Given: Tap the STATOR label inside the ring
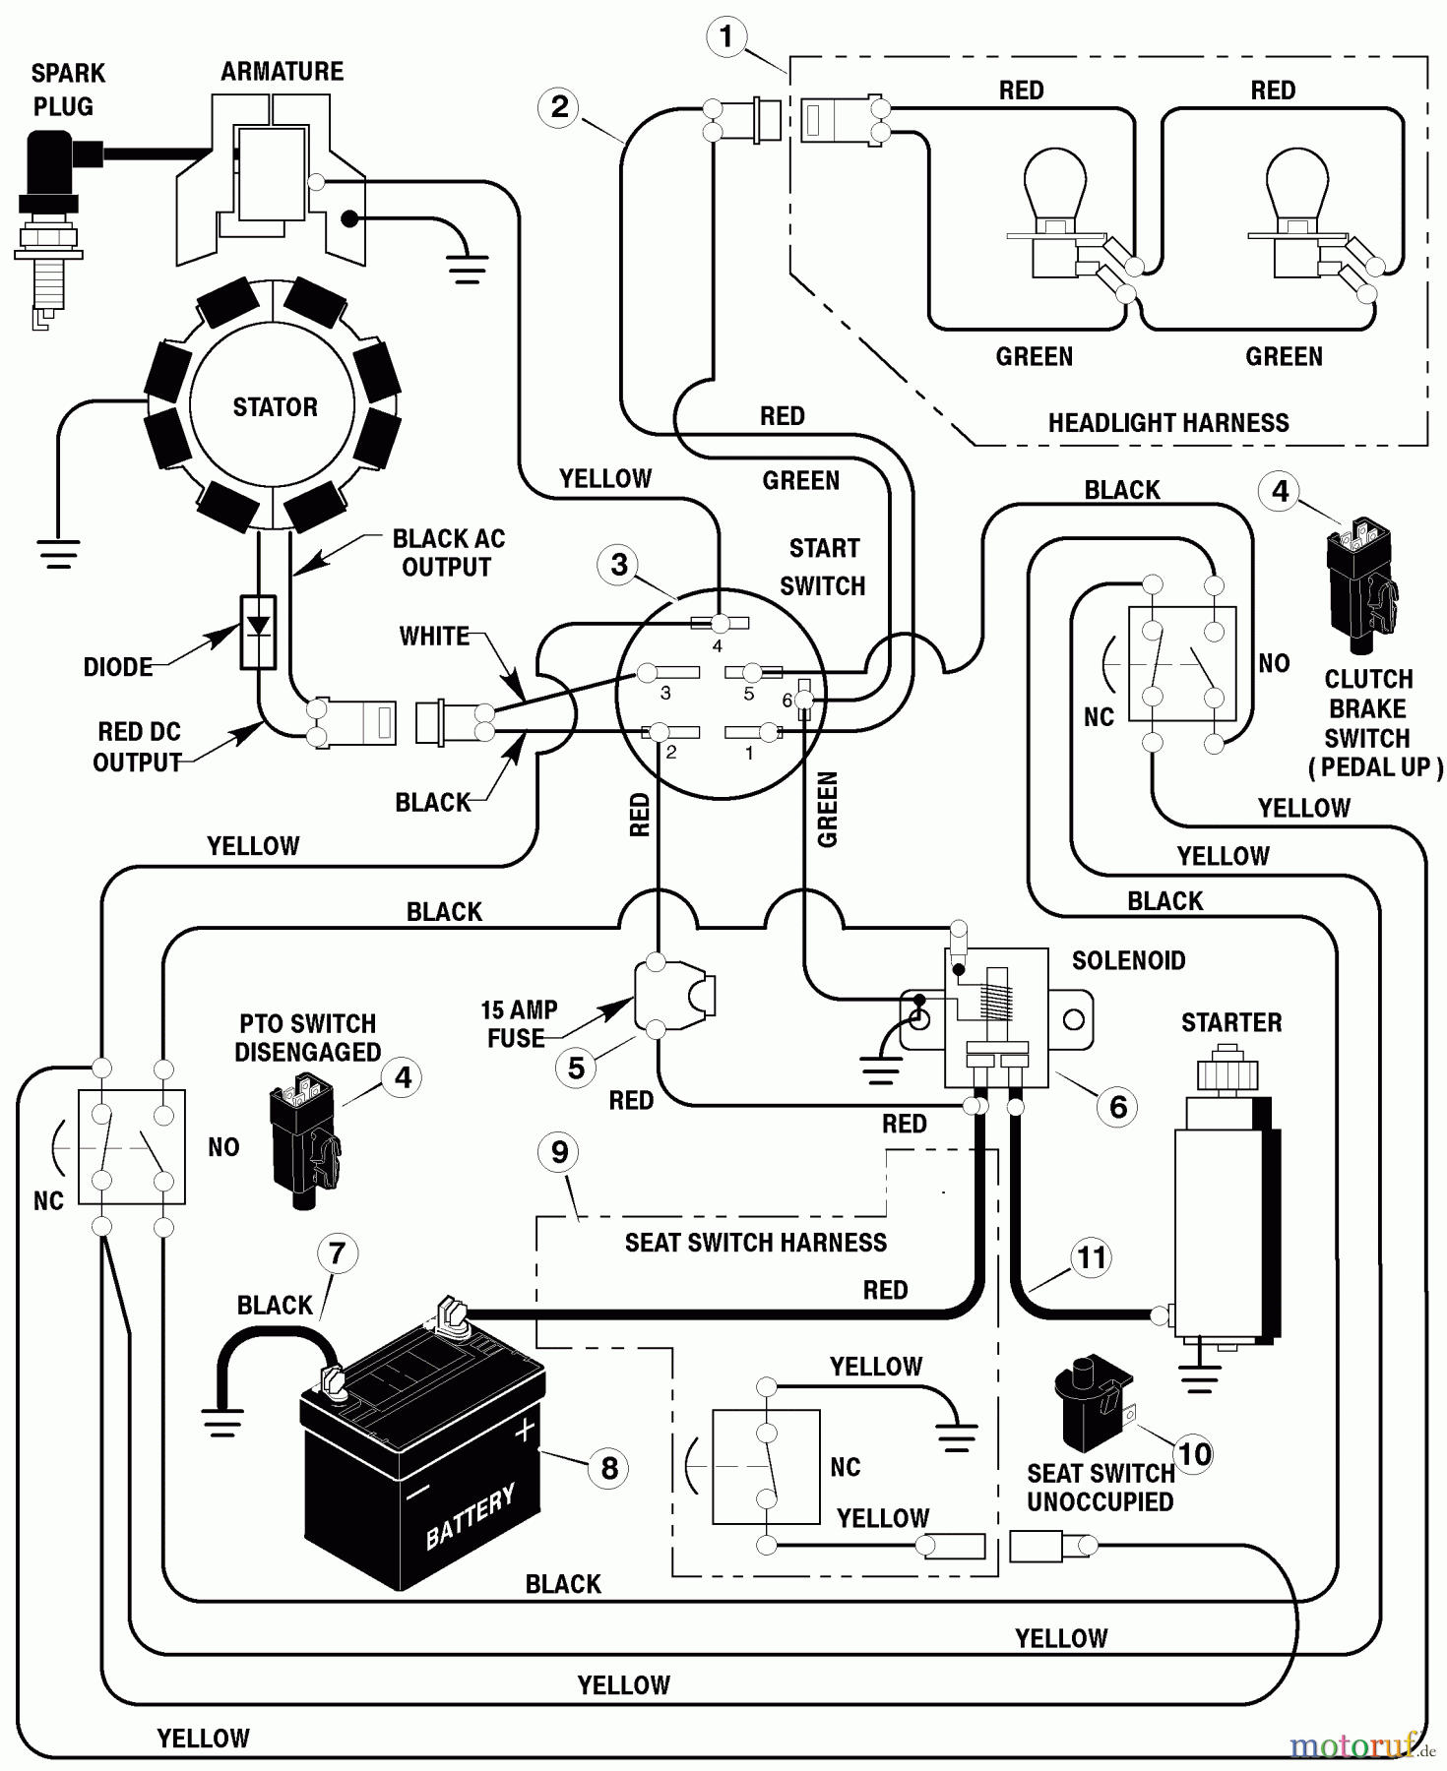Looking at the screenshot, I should (275, 407).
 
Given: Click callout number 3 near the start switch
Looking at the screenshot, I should (618, 565).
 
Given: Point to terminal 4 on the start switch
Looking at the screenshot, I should (720, 623).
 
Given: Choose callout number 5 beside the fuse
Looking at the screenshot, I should (576, 1069).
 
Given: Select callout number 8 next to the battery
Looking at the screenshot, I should (608, 1468).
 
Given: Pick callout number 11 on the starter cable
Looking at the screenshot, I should (1091, 1257).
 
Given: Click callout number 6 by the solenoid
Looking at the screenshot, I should (1117, 1107).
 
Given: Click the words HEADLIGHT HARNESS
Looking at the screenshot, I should (1167, 423).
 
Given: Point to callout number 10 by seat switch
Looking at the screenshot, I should (1194, 1454).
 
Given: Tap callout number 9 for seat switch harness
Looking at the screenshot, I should (559, 1152).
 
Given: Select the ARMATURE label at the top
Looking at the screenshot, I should (282, 72).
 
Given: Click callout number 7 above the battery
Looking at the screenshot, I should (337, 1253).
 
